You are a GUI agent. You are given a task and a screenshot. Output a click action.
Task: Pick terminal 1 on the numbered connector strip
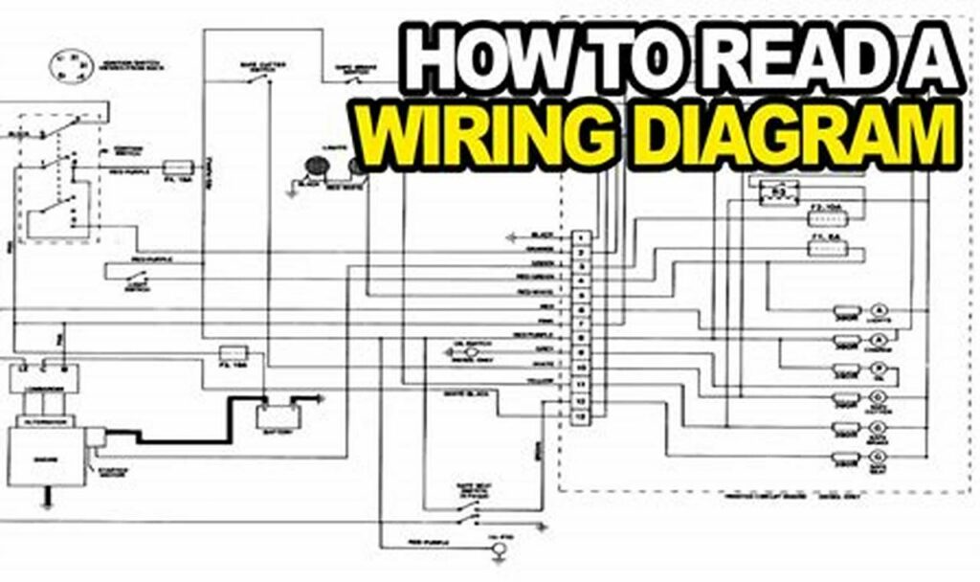580,235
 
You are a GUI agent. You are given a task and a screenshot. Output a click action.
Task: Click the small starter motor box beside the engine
95,438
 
